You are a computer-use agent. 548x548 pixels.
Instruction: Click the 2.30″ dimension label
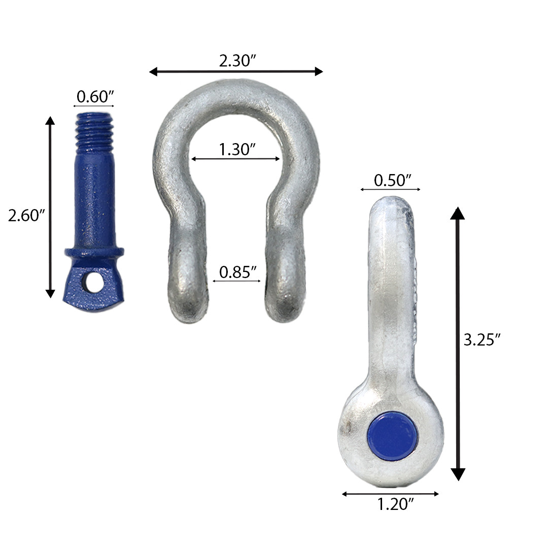pyautogui.click(x=236, y=61)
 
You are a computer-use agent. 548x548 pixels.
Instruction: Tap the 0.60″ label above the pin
pyautogui.click(x=94, y=96)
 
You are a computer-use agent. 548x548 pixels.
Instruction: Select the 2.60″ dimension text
pyautogui.click(x=27, y=216)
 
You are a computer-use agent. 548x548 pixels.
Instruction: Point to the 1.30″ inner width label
pyautogui.click(x=236, y=149)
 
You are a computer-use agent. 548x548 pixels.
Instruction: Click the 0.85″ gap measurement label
pyautogui.click(x=236, y=272)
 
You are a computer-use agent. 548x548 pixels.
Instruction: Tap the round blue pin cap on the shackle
pyautogui.click(x=392, y=436)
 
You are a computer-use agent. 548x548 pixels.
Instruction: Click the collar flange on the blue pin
pyautogui.click(x=94, y=252)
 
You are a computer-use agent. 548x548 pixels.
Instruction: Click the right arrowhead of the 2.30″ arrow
pyautogui.click(x=319, y=72)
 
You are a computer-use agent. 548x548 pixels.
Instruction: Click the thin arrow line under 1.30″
pyautogui.click(x=236, y=159)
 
